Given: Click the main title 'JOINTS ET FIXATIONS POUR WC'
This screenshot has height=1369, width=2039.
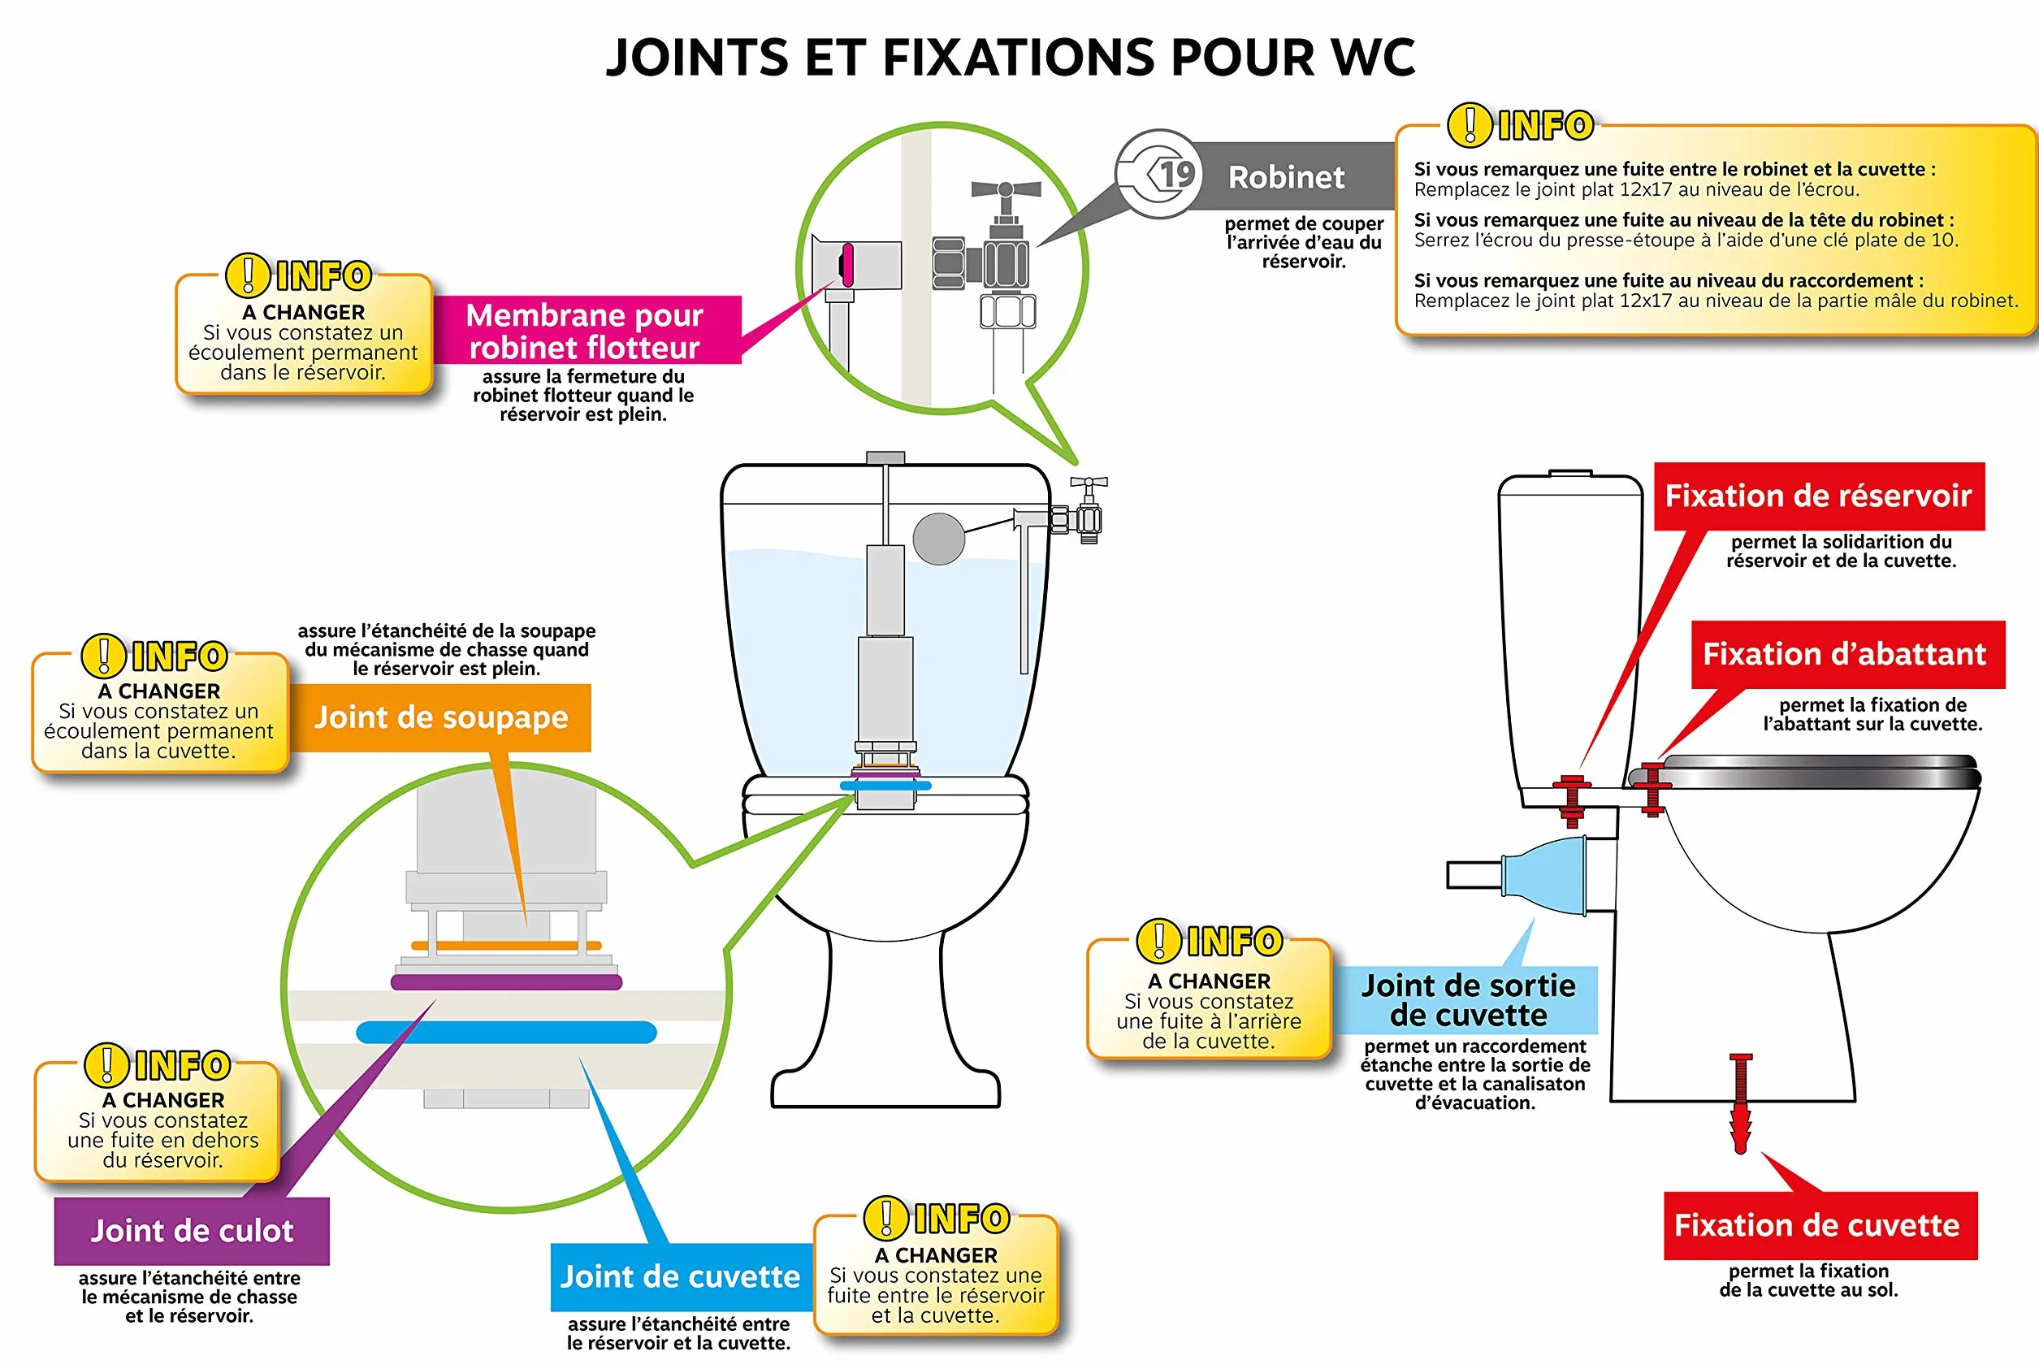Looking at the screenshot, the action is [1010, 58].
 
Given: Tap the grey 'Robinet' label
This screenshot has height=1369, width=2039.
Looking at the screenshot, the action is [1287, 177].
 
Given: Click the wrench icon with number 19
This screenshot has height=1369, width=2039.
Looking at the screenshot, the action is [1159, 175].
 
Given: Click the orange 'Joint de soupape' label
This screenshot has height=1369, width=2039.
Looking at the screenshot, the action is [441, 717].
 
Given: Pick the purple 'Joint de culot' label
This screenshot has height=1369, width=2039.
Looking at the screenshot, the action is [192, 1231].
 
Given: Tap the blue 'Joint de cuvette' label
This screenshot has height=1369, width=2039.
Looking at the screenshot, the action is [681, 1276].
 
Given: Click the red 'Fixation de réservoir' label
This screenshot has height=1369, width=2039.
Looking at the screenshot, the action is [1819, 496].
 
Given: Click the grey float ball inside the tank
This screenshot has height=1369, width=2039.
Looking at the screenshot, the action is [939, 539].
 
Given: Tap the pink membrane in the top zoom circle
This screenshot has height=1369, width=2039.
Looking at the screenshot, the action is [846, 265].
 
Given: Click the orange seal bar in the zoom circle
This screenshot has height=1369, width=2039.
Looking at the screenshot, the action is [506, 946].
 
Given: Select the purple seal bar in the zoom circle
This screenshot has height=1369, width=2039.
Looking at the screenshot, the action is [506, 982].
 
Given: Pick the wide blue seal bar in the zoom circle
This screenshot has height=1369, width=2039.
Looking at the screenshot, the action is [506, 1032].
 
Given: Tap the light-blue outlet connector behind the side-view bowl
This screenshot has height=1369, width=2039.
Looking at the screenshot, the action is [1545, 876].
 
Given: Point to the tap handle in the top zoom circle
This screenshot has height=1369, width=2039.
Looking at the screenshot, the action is [1006, 188].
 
